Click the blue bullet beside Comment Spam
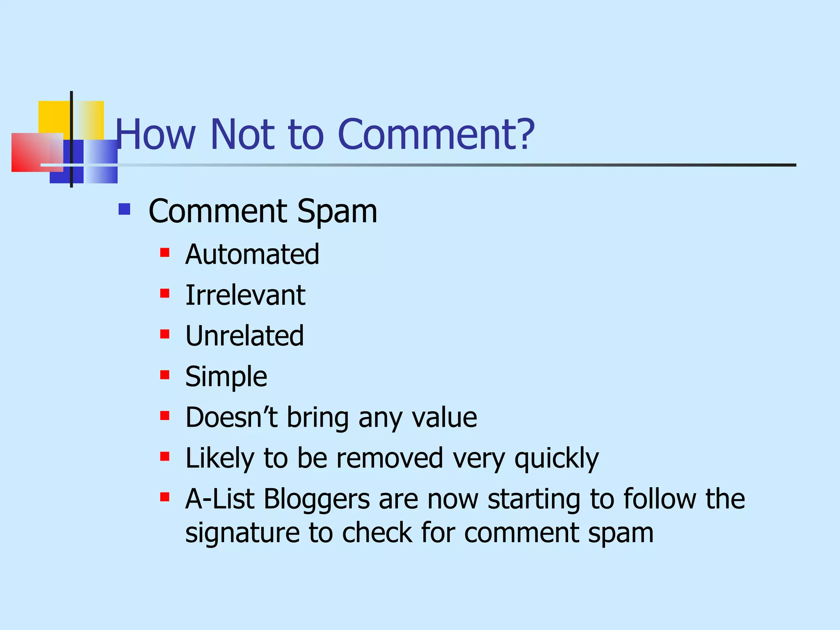click(124, 210)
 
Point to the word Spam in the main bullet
click(337, 212)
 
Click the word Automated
click(252, 254)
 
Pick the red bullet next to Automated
click(165, 252)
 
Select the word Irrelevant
click(245, 295)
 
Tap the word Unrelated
click(244, 336)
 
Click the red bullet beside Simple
click(165, 374)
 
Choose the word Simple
click(226, 377)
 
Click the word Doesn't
click(231, 417)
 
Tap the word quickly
click(557, 459)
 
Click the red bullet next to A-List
click(165, 497)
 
